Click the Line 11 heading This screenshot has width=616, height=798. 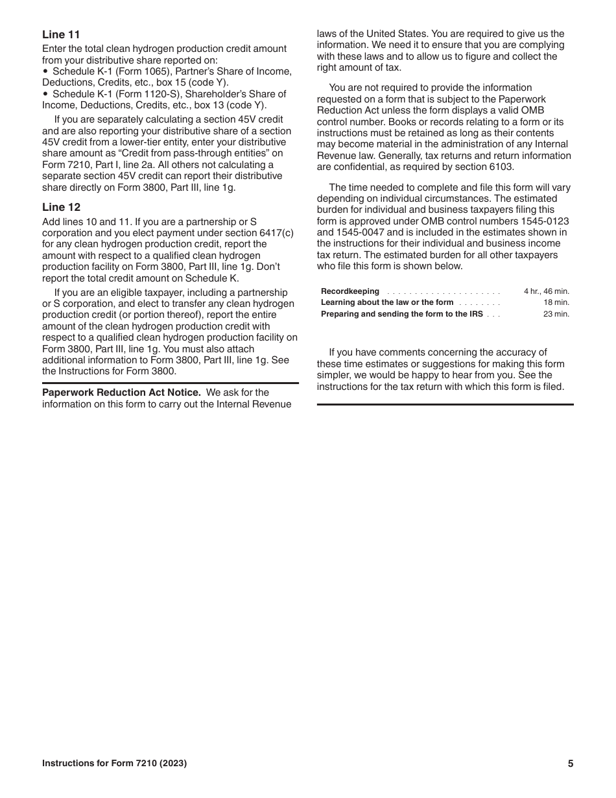(61, 34)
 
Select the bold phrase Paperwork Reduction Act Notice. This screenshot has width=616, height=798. (121, 393)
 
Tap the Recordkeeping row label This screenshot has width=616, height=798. (350, 291)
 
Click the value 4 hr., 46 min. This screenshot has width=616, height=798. (546, 291)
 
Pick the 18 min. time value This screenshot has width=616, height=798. (556, 302)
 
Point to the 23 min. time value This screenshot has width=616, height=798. (556, 314)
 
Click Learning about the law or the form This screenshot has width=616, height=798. (387, 302)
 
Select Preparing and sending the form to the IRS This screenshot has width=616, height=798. (401, 314)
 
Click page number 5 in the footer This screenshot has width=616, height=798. (571, 764)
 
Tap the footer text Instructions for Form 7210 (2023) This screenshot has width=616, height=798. (114, 764)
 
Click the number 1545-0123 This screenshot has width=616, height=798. (546, 221)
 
